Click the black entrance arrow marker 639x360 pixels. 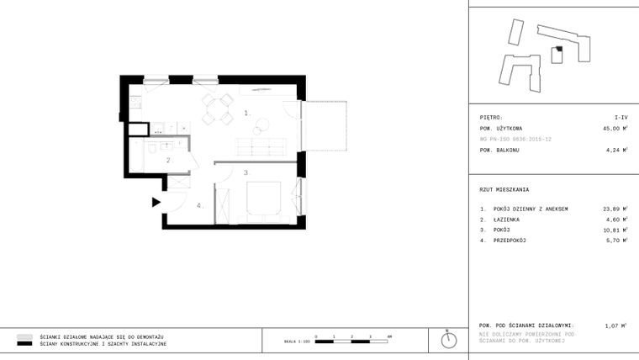[x=156, y=202]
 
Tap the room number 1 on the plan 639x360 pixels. [x=247, y=112]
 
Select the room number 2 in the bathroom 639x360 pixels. [x=168, y=159]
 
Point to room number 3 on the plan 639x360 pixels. [x=246, y=172]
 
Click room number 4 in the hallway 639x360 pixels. [x=199, y=205]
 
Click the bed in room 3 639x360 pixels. [x=266, y=199]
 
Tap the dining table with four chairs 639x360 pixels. [x=218, y=108]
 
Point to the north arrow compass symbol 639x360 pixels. [x=449, y=340]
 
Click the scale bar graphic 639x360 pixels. [x=351, y=340]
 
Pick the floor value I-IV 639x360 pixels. [x=621, y=118]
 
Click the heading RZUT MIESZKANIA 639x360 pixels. [x=504, y=189]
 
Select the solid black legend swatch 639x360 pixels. [x=25, y=344]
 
